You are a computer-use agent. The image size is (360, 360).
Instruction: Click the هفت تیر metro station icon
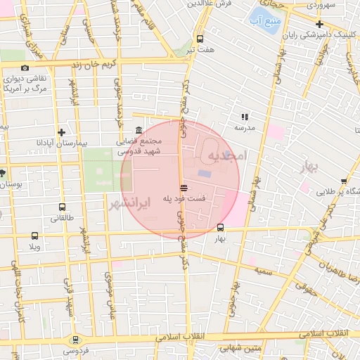click(x=200, y=39)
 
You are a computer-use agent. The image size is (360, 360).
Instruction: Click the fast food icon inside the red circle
click(x=184, y=188)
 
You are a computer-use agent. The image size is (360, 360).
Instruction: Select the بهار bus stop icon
click(x=221, y=228)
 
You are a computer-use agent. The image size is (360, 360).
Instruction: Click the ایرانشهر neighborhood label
click(x=131, y=204)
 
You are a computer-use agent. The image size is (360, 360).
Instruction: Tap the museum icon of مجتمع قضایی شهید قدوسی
click(x=139, y=130)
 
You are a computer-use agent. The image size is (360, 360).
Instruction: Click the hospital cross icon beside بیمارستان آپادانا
click(x=62, y=131)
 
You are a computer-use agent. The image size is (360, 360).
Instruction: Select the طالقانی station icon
click(x=63, y=207)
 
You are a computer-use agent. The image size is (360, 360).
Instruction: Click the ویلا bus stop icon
click(x=35, y=236)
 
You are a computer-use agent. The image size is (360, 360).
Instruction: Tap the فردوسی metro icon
click(x=76, y=339)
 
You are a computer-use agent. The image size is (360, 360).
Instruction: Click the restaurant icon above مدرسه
click(x=245, y=117)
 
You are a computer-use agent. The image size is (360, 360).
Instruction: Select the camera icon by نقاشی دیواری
click(x=25, y=68)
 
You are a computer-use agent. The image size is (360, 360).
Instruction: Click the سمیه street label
click(x=264, y=270)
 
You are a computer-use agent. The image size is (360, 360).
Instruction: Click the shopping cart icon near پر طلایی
click(x=343, y=181)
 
